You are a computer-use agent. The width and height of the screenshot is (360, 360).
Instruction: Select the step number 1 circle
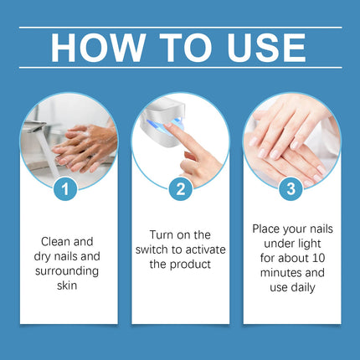pos(67,188)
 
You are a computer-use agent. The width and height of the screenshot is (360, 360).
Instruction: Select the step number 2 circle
pos(179,188)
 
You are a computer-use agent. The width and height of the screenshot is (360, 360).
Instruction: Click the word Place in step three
pos(269,227)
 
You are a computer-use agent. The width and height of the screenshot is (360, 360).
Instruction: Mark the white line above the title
pos(179,28)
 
